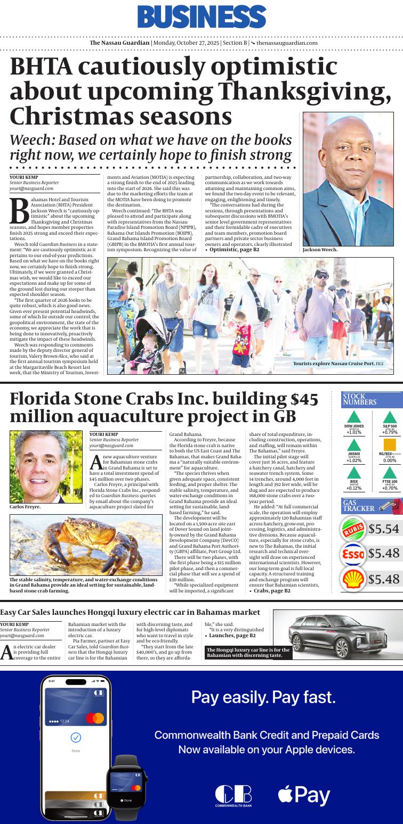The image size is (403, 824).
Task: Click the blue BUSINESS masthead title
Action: (x=201, y=17)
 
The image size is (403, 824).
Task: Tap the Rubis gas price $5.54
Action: (x=383, y=529)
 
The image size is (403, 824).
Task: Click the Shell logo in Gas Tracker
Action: (x=353, y=579)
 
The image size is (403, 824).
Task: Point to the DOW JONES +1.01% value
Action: (x=354, y=432)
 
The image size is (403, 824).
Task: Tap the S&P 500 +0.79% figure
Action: (x=390, y=432)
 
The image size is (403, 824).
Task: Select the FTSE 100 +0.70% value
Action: (x=390, y=488)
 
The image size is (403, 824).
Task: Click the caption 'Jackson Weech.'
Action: (x=320, y=250)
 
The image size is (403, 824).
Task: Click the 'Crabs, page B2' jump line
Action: (x=271, y=590)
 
